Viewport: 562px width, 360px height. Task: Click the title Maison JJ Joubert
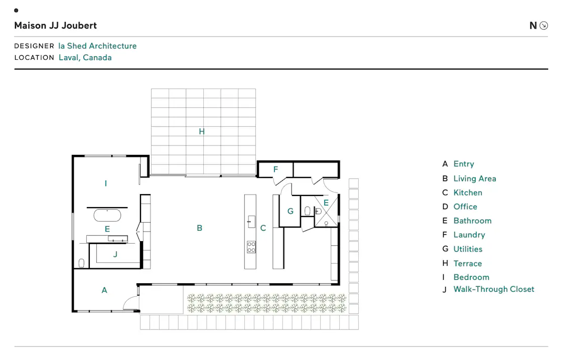pyautogui.click(x=56, y=26)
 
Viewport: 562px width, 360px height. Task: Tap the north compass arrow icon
pyautogui.click(x=544, y=26)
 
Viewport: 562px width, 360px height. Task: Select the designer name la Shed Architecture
pyautogui.click(x=97, y=46)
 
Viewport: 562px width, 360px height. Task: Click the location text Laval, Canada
pyautogui.click(x=85, y=57)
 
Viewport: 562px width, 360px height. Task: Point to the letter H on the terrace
pyautogui.click(x=202, y=131)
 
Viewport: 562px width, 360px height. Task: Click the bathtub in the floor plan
pyautogui.click(x=107, y=215)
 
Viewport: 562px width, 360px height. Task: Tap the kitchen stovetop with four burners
pyautogui.click(x=251, y=247)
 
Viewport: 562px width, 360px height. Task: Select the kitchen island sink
pyautogui.click(x=251, y=222)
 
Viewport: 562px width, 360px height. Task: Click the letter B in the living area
pyautogui.click(x=200, y=228)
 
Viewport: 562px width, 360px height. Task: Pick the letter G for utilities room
pyautogui.click(x=291, y=212)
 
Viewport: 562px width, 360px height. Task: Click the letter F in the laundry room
pyautogui.click(x=275, y=169)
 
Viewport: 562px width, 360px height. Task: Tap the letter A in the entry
pyautogui.click(x=104, y=290)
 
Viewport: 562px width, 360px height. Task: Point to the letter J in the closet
pyautogui.click(x=115, y=254)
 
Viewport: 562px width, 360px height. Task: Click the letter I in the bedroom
pyautogui.click(x=106, y=184)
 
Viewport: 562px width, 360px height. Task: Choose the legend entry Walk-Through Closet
pyautogui.click(x=494, y=289)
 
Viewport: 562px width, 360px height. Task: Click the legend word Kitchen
pyautogui.click(x=468, y=193)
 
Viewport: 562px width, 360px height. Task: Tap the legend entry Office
pyautogui.click(x=465, y=207)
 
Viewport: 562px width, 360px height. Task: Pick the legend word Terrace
pyautogui.click(x=467, y=264)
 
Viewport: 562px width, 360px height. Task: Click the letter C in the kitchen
pyautogui.click(x=263, y=228)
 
